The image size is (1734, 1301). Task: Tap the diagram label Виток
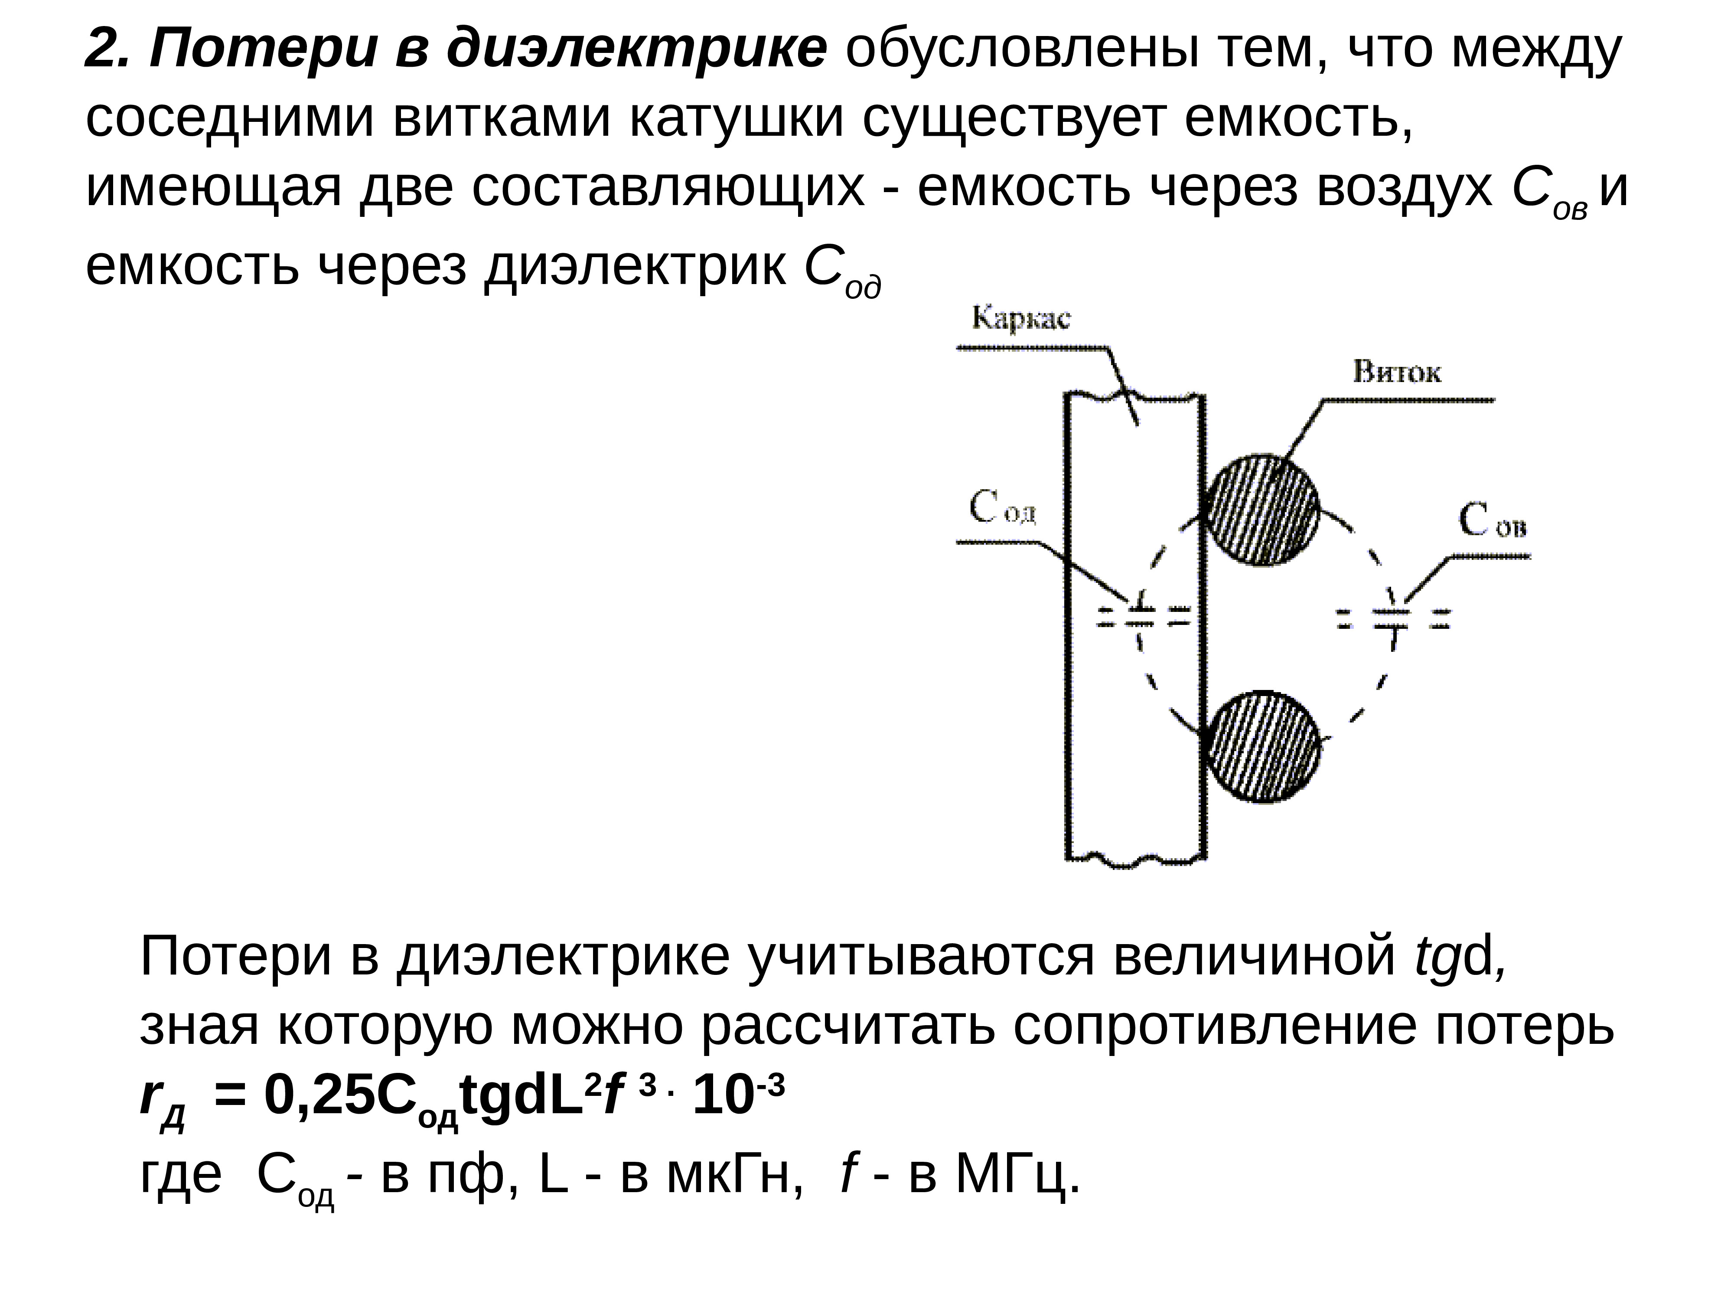pyautogui.click(x=1396, y=372)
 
